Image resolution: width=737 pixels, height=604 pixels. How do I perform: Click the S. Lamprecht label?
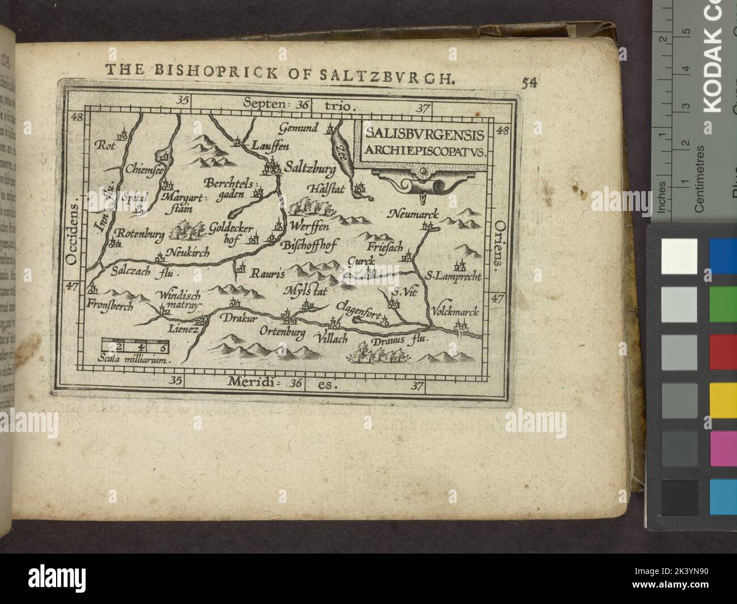pyautogui.click(x=454, y=277)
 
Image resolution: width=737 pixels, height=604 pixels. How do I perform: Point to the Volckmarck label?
pyautogui.click(x=455, y=312)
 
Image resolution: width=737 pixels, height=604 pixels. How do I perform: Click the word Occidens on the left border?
pyautogui.click(x=72, y=234)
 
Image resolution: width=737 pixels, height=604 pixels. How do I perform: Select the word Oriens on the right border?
pyautogui.click(x=499, y=244)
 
